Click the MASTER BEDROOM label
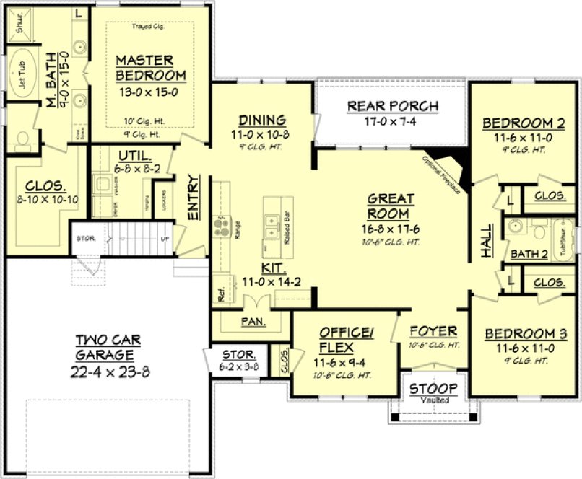(x=150, y=67)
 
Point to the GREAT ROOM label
(x=390, y=206)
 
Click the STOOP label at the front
(x=433, y=389)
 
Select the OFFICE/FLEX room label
(x=347, y=338)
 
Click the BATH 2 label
(x=529, y=253)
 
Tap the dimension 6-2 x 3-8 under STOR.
(x=238, y=366)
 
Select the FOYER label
(x=433, y=331)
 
